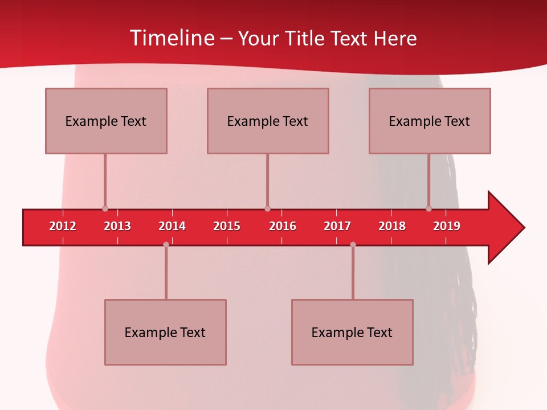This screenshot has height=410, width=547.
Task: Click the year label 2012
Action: tap(63, 226)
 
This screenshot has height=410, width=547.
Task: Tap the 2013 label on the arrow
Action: tap(117, 226)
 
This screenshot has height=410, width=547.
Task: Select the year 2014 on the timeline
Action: tap(172, 226)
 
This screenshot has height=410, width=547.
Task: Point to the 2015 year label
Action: tap(227, 226)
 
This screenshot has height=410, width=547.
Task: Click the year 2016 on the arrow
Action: tap(283, 226)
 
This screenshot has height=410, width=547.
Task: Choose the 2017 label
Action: tap(337, 226)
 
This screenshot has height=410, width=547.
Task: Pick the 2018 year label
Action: tap(392, 226)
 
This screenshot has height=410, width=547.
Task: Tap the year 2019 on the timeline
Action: tap(447, 226)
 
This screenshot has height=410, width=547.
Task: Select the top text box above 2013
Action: tap(106, 121)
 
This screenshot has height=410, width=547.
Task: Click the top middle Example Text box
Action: tap(268, 121)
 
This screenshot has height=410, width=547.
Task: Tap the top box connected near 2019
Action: tap(430, 121)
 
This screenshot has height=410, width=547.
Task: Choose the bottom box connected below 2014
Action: tap(165, 332)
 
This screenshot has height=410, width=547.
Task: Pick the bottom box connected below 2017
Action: tap(352, 332)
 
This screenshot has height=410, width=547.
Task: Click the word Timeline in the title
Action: tap(172, 38)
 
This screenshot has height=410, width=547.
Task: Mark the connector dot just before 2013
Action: tap(105, 209)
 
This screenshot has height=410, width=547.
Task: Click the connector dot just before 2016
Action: tap(267, 209)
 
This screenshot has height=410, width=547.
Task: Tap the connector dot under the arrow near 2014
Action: tap(166, 244)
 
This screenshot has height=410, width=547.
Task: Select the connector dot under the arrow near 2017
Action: tap(353, 244)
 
